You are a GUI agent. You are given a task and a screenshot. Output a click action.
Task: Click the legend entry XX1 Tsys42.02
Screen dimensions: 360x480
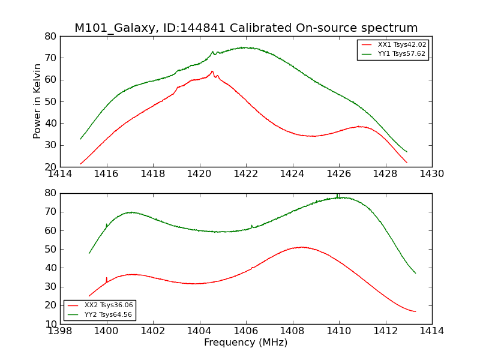[x=401, y=45]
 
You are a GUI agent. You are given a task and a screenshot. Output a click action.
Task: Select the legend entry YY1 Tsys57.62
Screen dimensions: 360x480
[x=401, y=54]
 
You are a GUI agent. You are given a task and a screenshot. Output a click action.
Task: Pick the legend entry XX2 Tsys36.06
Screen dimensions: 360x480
[x=109, y=305]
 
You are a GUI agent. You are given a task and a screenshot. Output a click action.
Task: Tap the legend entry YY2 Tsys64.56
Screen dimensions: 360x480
[x=109, y=314]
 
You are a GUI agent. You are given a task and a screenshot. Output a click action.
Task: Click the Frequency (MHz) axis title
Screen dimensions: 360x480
[x=246, y=343]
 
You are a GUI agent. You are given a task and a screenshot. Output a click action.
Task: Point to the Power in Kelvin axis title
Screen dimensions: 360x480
[x=37, y=101]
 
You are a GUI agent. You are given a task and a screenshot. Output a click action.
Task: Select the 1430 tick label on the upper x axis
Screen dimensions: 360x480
[x=431, y=174]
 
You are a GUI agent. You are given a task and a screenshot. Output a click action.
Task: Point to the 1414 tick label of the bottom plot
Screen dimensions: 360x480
[x=431, y=331]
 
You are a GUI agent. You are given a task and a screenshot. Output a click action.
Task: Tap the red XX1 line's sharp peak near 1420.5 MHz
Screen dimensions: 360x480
[x=212, y=71]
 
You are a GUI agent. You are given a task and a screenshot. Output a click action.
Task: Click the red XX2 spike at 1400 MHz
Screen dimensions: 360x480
[x=107, y=278]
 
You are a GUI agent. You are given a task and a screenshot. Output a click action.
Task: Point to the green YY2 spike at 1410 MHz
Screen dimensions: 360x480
[x=338, y=194]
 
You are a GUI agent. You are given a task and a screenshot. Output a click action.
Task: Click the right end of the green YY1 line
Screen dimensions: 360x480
[x=407, y=152]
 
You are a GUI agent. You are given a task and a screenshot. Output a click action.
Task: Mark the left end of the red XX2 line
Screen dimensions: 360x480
[x=89, y=296]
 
